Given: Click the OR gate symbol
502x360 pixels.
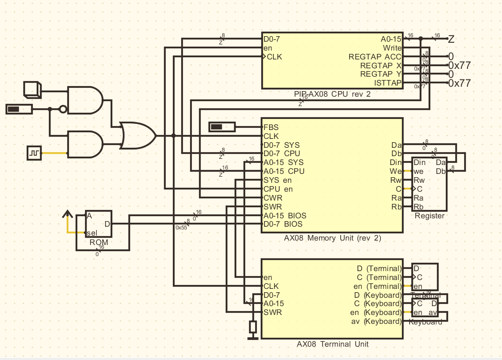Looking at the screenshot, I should (x=138, y=136).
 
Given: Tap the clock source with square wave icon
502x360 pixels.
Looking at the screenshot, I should (x=34, y=153).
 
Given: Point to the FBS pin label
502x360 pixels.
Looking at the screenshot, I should (x=271, y=127).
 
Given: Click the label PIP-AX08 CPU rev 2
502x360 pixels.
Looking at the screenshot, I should (x=332, y=94).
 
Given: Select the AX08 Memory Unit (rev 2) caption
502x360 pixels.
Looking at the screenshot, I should (x=331, y=238).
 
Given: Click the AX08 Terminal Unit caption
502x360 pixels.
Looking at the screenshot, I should (x=332, y=344).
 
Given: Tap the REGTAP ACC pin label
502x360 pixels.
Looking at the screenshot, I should (x=375, y=57).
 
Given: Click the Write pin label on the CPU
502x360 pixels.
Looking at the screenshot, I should (x=392, y=48).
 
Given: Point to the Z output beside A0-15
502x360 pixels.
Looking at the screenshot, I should (x=451, y=39).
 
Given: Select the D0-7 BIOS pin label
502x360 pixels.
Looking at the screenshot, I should (x=283, y=224).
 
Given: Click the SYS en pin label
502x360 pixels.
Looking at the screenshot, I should (x=277, y=180).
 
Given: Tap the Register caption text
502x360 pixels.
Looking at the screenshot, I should (x=429, y=216).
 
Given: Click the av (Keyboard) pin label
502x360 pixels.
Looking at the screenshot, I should (x=376, y=321).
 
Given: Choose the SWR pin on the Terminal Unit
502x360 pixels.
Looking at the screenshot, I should (x=273, y=312).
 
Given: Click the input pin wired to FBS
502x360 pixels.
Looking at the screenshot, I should (x=222, y=127).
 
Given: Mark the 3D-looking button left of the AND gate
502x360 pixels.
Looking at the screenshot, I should (x=32, y=89).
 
